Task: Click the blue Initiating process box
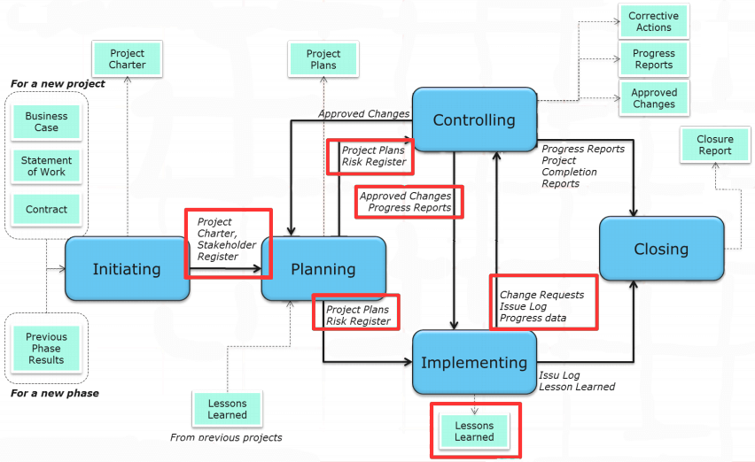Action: click(x=127, y=269)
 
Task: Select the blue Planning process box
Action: click(x=323, y=269)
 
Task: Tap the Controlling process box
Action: click(x=474, y=119)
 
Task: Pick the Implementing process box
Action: click(x=474, y=363)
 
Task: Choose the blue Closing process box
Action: click(x=662, y=249)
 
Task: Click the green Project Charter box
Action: click(x=127, y=59)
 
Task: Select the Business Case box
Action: click(x=46, y=122)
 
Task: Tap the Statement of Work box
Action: click(x=46, y=166)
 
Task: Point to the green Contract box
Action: click(x=46, y=210)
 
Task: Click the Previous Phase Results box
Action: click(x=46, y=349)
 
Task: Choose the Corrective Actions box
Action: click(x=654, y=21)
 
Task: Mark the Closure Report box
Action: click(x=715, y=144)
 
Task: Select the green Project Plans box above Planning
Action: click(x=323, y=59)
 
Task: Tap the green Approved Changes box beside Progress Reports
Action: click(x=654, y=98)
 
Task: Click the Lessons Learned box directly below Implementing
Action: click(x=474, y=431)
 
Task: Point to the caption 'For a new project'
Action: click(x=58, y=84)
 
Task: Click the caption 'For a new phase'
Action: click(x=55, y=393)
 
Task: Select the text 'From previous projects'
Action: click(x=226, y=437)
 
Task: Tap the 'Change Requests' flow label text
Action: click(x=541, y=295)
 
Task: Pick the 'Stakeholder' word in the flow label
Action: click(x=227, y=244)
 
